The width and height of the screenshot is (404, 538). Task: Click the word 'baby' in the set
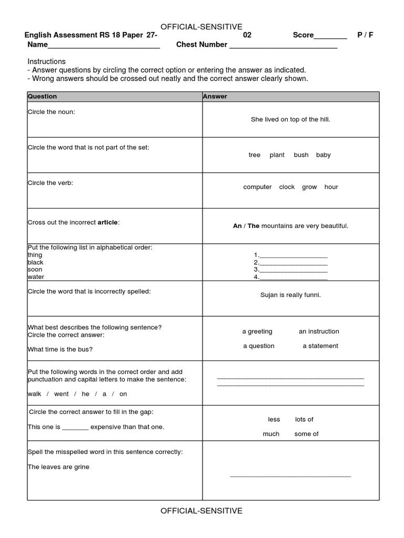click(x=323, y=155)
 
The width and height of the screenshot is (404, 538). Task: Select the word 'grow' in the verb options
click(x=309, y=187)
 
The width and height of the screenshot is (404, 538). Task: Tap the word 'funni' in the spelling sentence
click(x=311, y=295)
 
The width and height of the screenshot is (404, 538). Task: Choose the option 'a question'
click(x=258, y=346)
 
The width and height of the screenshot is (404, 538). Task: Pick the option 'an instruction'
click(x=319, y=332)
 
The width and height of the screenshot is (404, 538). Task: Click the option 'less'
click(x=274, y=419)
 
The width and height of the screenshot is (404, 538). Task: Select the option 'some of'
click(x=306, y=434)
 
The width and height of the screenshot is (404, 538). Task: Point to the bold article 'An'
click(x=237, y=226)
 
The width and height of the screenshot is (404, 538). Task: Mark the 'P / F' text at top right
click(x=365, y=35)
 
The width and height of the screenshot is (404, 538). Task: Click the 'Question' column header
click(x=42, y=97)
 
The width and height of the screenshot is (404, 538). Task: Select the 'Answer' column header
click(x=215, y=97)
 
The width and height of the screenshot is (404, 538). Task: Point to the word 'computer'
click(x=257, y=187)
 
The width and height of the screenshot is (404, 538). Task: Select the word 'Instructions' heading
click(x=46, y=61)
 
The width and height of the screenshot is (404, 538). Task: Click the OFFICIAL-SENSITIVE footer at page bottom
click(x=201, y=511)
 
